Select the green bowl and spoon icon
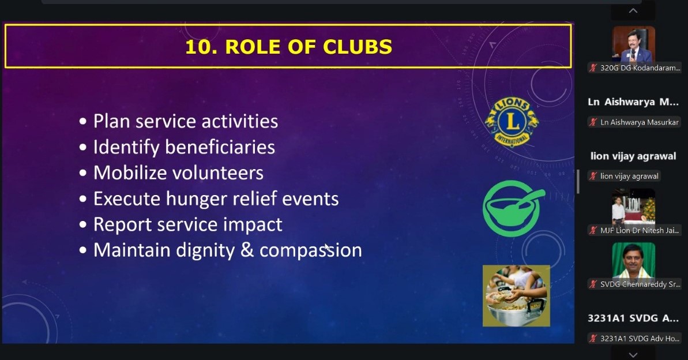(514, 208)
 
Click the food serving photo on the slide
(517, 295)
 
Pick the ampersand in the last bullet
(247, 250)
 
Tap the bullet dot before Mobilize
(83, 174)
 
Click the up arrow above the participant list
(633, 10)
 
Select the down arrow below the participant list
(633, 354)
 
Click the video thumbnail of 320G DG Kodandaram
(634, 44)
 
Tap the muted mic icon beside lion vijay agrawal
(593, 176)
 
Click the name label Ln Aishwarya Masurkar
(640, 122)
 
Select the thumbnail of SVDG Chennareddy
(634, 261)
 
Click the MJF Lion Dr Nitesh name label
(640, 230)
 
